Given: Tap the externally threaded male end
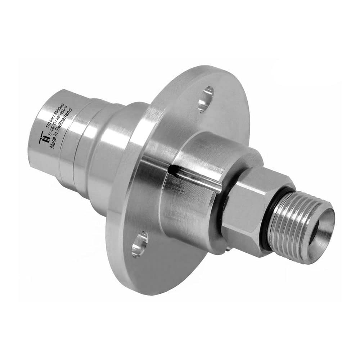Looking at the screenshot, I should click(x=292, y=230).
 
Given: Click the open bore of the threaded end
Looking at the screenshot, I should click(x=323, y=227).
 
